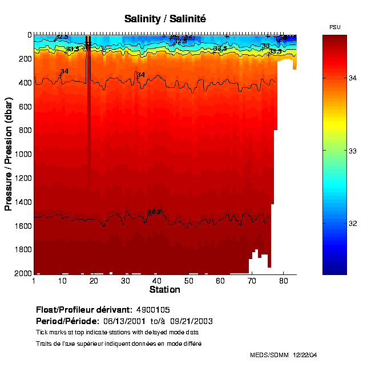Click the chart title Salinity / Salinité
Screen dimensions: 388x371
165,19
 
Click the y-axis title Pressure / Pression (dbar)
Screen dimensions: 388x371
9,154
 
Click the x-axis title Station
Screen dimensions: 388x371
164,290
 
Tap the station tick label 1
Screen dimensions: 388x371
35,280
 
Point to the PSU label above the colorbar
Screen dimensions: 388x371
335,27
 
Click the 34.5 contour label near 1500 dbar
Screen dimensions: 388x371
154,212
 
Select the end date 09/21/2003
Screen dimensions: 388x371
194,321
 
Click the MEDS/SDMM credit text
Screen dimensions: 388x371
269,355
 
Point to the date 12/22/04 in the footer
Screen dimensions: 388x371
305,355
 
